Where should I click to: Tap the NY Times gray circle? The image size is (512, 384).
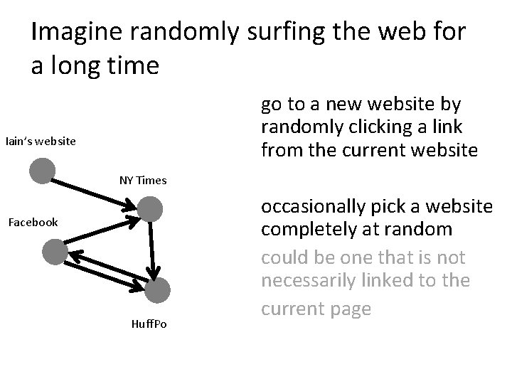pos(151,209)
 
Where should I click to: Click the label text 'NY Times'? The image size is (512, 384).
pos(143,180)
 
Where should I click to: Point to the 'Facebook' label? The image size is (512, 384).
pos(33,222)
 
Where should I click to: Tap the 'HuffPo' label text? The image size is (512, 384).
pos(149,324)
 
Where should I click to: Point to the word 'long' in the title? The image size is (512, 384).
pos(80,66)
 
